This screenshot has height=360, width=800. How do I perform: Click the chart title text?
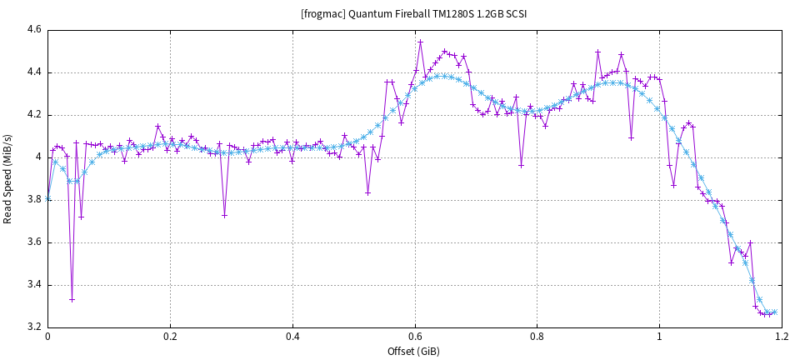pos(413,14)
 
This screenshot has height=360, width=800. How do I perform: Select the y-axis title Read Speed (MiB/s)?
pos(8,178)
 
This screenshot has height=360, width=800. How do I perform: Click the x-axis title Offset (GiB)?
pos(413,351)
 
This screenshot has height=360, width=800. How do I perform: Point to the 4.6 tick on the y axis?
pos(33,30)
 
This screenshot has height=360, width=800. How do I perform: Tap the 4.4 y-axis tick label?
pos(33,72)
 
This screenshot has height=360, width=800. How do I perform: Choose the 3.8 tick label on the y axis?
pos(33,200)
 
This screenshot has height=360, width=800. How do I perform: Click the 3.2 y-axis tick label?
pos(33,327)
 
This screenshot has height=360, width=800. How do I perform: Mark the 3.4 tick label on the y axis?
pos(33,285)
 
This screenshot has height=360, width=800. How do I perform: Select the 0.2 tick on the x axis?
pos(170,337)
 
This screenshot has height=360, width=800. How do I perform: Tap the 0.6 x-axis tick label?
pos(414,337)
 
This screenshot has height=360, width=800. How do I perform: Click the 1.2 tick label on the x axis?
pos(781,337)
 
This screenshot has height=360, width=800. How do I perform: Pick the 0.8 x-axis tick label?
pos(537,337)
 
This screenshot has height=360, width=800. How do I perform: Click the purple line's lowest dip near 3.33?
pos(72,299)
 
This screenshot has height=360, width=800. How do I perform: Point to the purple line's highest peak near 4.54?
pos(421,42)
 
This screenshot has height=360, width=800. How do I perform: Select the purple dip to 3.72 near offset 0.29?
pos(224,215)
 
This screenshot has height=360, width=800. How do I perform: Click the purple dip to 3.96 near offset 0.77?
pos(521,165)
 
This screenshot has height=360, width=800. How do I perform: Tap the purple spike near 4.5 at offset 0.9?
pos(597,52)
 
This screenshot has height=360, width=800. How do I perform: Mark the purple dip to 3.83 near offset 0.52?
pos(367,192)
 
